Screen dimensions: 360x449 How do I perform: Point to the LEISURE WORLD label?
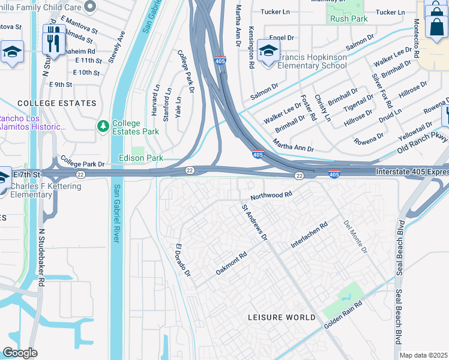282,317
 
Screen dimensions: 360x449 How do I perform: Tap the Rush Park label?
348,18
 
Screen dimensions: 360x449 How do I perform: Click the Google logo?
20,353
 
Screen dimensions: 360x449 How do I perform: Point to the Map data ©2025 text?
423,355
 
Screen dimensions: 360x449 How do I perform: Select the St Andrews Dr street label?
255,223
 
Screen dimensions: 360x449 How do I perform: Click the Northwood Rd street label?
271,195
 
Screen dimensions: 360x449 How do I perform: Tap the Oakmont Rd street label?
231,264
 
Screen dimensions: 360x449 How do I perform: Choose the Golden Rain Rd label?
344,314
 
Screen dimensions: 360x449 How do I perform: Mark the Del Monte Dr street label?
354,236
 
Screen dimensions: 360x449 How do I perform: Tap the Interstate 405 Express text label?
412,172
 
